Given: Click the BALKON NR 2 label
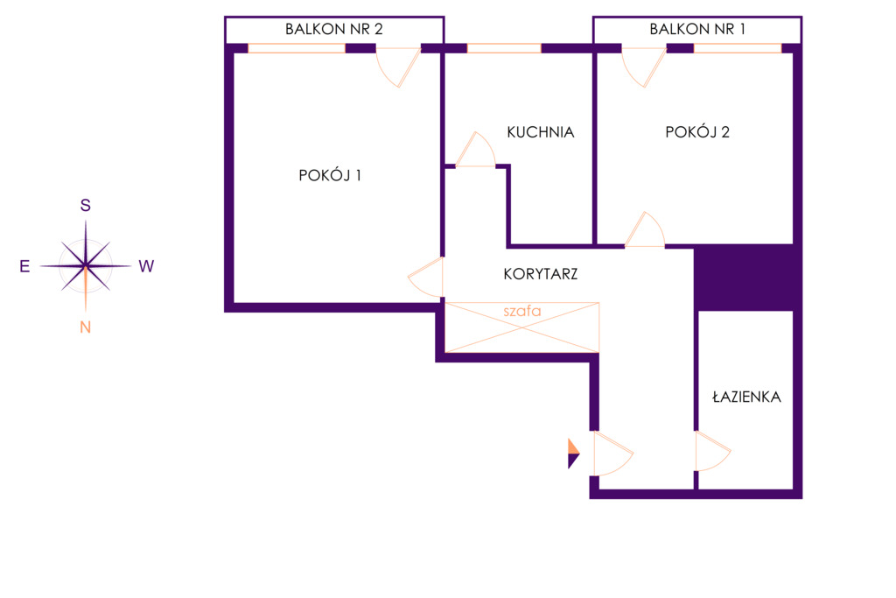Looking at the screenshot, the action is pos(333,29).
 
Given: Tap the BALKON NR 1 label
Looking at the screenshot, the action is pos(697,29).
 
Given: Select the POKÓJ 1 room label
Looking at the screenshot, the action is pos(330,175).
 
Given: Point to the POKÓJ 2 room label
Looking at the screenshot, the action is pos(697,132).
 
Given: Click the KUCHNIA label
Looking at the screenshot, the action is pos(541,132).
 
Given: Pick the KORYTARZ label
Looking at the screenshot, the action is pos(541,274).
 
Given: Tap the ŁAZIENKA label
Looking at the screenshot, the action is pos(746,397).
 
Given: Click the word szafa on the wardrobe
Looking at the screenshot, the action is pos(521,311).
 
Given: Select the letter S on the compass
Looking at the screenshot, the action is pos(85,205).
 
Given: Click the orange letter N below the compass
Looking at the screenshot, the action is pos(85,327).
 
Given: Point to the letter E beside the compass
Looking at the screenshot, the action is pos(24,266).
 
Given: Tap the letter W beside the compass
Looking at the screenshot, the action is pos(146,266).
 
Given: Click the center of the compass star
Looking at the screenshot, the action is pos(85,266).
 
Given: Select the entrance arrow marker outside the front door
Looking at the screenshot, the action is pos(574,454).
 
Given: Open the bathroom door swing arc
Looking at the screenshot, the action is pos(713,451).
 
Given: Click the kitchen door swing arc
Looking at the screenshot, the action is pos(475,149).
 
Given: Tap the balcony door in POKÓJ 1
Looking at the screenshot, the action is pos(398,67).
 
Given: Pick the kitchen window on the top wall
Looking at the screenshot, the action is pos(504,49).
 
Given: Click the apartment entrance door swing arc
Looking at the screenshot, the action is pos(613,454).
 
